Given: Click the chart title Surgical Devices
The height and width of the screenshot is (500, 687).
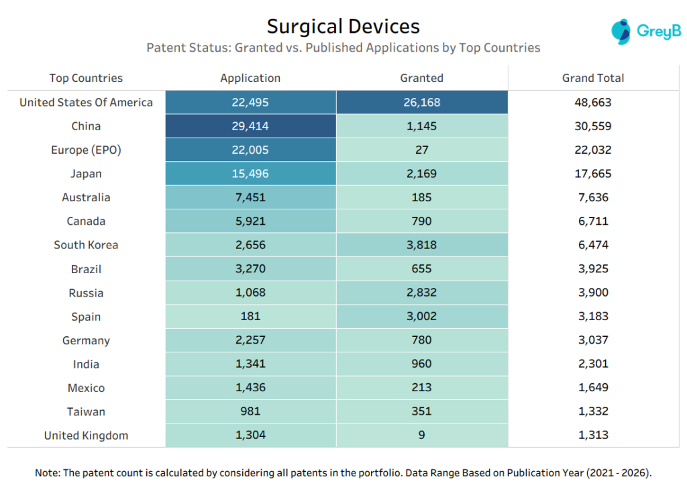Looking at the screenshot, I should tap(343, 26).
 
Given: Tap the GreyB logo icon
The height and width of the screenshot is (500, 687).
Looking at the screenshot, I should tap(621, 32).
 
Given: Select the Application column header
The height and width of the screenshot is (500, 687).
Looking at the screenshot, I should tap(250, 78).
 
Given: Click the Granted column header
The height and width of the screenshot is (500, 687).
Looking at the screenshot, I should tap(421, 78).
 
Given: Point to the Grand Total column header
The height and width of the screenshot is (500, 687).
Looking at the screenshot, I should tap(592, 78).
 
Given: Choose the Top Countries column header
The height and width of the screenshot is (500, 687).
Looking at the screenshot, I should tap(86, 78).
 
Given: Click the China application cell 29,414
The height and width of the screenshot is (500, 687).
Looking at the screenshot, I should tap(250, 126).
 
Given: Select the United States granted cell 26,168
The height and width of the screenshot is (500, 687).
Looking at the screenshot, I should tap(421, 103).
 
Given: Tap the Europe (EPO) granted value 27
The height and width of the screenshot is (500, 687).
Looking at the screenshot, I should tap(421, 150).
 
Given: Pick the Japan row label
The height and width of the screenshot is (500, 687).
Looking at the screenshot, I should tap(86, 174).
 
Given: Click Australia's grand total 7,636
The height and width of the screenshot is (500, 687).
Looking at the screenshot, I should tap(592, 197).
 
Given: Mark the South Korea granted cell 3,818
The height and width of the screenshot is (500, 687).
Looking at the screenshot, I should tap(421, 245).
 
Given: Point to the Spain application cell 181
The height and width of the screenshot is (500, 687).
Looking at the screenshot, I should tap(250, 317).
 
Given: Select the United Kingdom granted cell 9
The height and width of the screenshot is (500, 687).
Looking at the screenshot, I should tap(421, 436).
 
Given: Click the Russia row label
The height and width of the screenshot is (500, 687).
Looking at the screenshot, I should tap(86, 293).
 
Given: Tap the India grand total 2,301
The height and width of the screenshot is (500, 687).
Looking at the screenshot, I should tap(592, 364).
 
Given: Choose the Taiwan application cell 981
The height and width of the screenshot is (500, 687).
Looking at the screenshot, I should tap(250, 411).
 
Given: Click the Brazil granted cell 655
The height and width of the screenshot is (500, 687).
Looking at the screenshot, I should tap(421, 269).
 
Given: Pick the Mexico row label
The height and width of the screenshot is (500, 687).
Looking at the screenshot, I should tap(86, 388).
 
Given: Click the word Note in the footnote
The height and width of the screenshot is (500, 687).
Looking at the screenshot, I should tap(47, 473).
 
